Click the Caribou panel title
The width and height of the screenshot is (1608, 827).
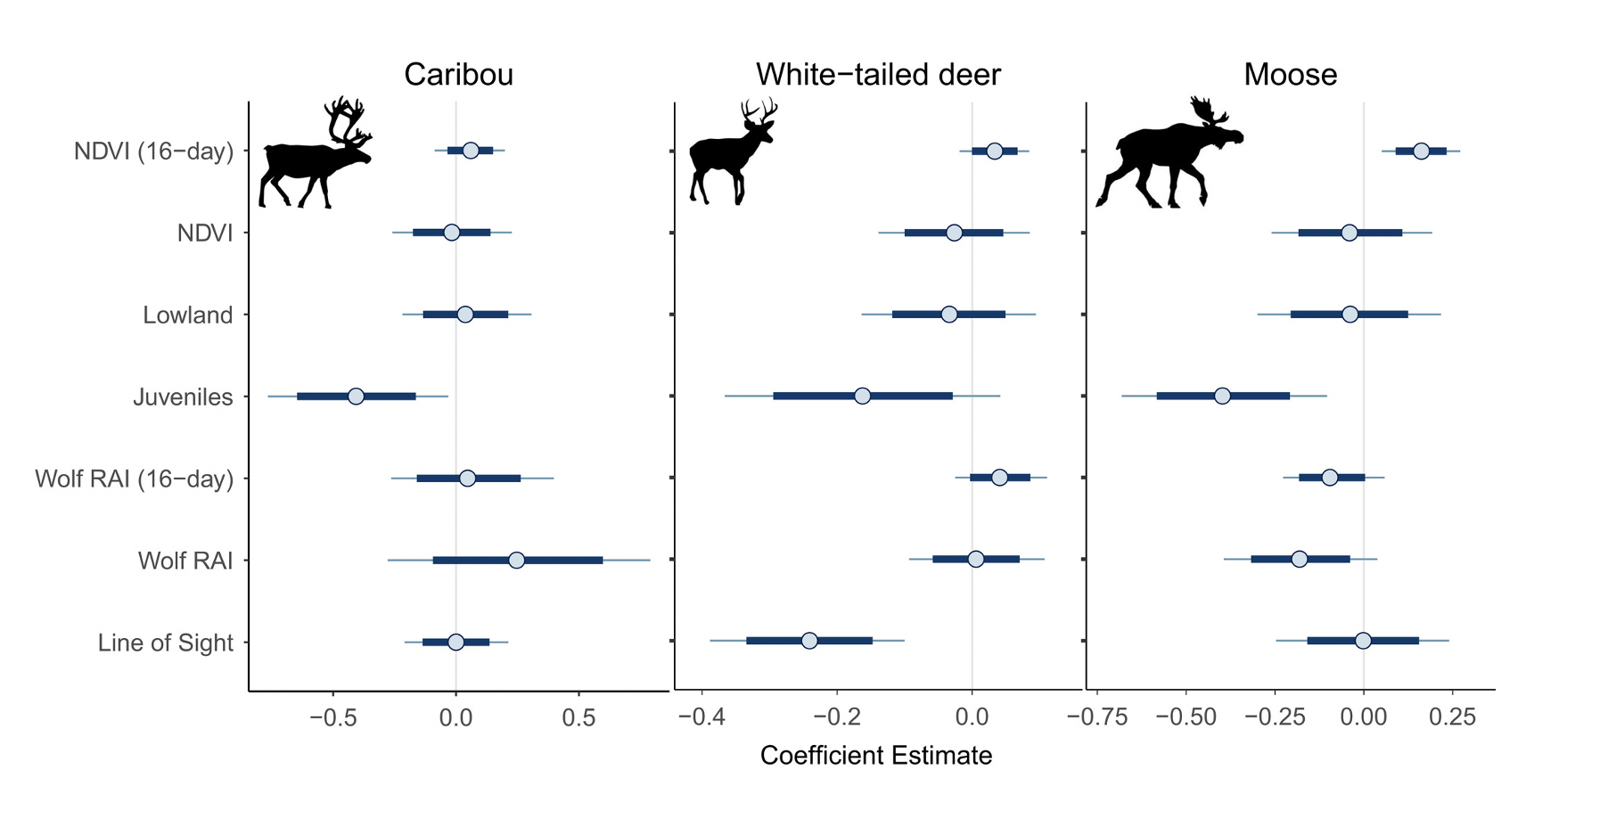point(458,75)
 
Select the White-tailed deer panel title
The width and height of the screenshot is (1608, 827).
point(878,75)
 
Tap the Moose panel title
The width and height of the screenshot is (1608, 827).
point(1290,75)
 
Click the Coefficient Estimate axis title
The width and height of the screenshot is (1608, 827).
point(875,756)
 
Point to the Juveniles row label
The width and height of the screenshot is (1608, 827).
point(183,397)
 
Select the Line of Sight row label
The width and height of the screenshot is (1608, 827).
point(166,643)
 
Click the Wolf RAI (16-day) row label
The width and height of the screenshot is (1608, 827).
point(134,479)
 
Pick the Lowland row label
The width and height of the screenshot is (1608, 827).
point(187,315)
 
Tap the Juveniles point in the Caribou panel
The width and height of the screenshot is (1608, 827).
point(356,396)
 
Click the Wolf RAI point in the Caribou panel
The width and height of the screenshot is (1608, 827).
point(516,560)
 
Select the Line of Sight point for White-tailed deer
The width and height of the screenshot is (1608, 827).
point(809,641)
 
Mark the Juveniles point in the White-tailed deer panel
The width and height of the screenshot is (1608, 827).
point(862,396)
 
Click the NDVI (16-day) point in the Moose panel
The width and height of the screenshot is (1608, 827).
point(1421,151)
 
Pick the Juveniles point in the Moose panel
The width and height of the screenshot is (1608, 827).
point(1222,396)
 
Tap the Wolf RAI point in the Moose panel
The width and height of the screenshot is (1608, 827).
point(1299,559)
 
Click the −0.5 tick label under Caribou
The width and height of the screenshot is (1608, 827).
point(333,717)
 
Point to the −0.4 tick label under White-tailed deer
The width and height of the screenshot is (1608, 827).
point(701,717)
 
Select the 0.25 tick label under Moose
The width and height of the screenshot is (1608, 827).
point(1452,717)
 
